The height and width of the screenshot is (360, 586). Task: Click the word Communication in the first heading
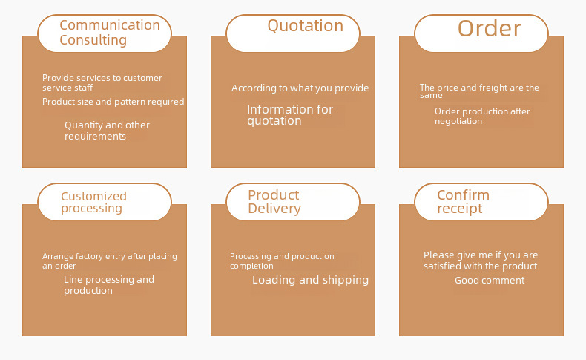[x=110, y=25]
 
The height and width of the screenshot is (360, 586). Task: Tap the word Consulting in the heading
[x=93, y=40]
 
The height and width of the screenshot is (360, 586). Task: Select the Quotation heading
[x=306, y=26]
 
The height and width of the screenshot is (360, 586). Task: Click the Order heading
[x=490, y=28]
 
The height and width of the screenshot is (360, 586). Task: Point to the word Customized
[x=93, y=196]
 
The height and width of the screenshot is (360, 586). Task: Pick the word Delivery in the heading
[x=274, y=209]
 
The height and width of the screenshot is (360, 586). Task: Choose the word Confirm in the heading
[x=463, y=194]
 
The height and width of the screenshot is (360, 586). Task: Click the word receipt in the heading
[x=460, y=209]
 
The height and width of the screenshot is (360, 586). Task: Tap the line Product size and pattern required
[x=113, y=102]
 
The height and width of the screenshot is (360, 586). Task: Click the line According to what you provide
[x=300, y=88]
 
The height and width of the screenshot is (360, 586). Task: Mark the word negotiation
[x=458, y=121]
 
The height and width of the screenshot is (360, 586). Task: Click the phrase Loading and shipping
[x=310, y=280]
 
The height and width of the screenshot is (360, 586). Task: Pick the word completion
[x=251, y=266]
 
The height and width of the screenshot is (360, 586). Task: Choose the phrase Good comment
[x=490, y=281]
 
